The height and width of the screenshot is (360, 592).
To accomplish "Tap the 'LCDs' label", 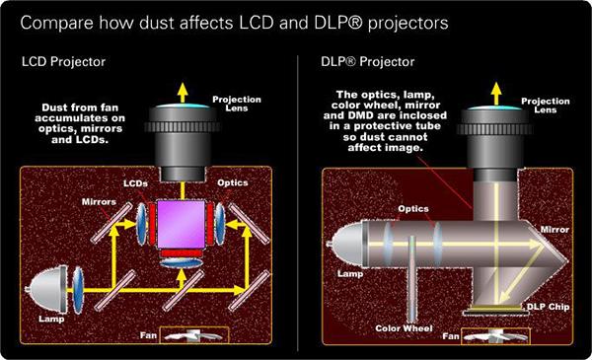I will [x=135, y=183].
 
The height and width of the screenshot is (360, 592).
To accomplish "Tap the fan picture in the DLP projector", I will [x=489, y=339].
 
